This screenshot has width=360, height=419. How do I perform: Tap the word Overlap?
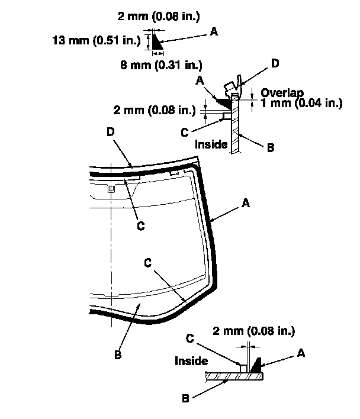pyautogui.click(x=281, y=93)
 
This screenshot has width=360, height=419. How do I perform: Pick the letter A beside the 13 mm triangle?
pyautogui.click(x=214, y=34)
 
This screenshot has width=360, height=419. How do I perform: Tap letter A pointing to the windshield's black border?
pyautogui.click(x=246, y=203)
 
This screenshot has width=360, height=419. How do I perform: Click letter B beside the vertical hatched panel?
pyautogui.click(x=270, y=148)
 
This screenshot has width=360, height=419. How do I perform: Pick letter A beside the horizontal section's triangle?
pyautogui.click(x=301, y=353)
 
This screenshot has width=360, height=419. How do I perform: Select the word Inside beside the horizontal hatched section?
pyautogui.click(x=191, y=360)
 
